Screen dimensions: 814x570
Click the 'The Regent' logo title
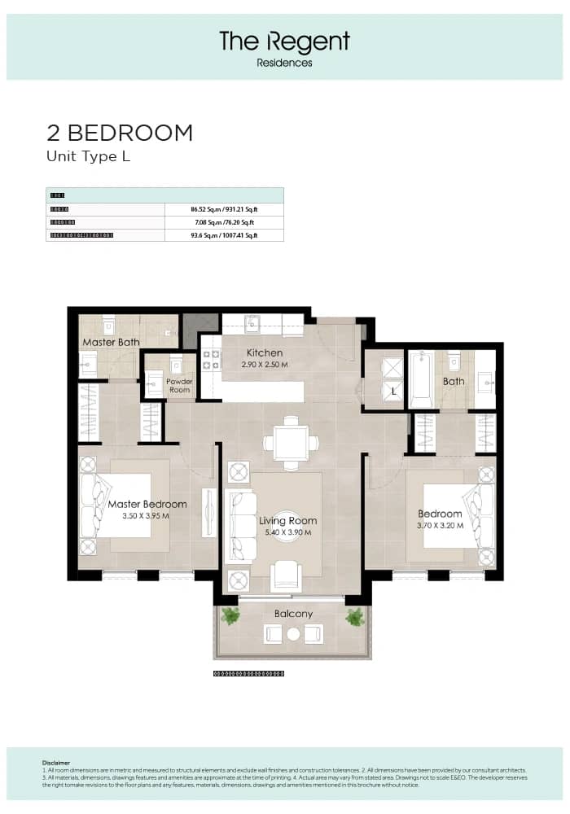pos(284,41)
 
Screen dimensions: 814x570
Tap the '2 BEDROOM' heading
pos(120,133)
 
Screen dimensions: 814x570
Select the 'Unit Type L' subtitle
pos(88,157)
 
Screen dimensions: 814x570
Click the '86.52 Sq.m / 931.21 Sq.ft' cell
pos(223,209)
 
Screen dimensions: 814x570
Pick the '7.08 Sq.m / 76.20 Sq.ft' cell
pos(223,222)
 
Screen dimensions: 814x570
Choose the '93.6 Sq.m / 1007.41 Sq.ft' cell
pos(223,235)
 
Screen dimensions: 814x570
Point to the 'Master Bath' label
pos(111,343)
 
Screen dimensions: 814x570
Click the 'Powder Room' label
pos(179,385)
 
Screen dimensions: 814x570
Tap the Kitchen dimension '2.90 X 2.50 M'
pos(265,365)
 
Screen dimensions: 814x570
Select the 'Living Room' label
pos(288,521)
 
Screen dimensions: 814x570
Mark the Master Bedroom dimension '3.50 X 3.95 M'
pos(147,516)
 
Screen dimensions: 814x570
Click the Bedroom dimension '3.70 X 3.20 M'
pos(440,525)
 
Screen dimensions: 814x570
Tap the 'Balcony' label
pos(293,614)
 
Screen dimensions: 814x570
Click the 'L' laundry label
pos(394,392)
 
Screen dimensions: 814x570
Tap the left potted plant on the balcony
pos(231,618)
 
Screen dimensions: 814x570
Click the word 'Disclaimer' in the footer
pos(56,763)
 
